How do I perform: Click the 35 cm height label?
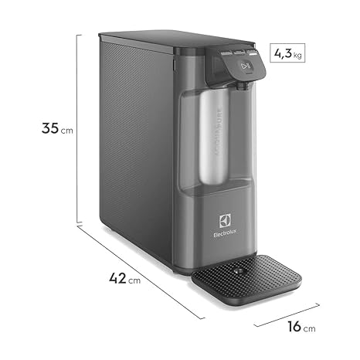(56, 129)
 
